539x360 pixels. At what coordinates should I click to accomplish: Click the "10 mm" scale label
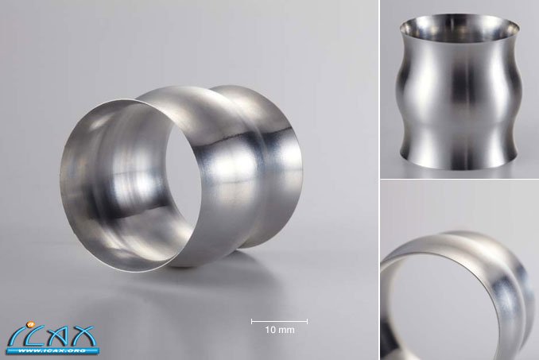[280, 330]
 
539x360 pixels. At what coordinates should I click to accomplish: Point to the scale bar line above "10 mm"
[280, 322]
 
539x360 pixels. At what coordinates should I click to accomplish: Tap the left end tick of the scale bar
[252, 322]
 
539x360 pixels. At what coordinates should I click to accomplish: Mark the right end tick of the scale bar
[307, 322]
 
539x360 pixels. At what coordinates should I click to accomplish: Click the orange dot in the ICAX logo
[29, 323]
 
